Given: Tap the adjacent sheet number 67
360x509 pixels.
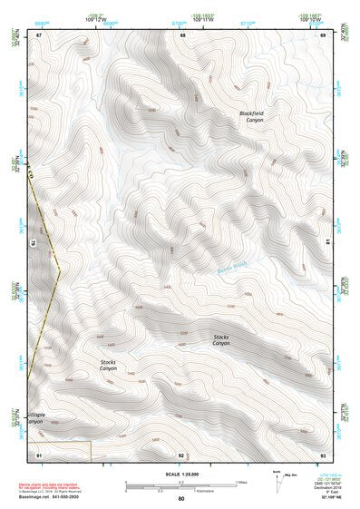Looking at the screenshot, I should pos(39,34).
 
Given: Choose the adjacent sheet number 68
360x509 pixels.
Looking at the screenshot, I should pos(182,34).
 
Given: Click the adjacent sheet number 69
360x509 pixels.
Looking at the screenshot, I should pos(323,34).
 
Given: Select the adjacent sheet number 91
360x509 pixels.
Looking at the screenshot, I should pos(39,454).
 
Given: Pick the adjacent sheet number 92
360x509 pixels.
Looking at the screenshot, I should pos(181,454).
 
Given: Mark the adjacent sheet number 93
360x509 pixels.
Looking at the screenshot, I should pos(323,454).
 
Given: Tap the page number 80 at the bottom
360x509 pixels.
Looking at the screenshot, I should pos(181,498).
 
